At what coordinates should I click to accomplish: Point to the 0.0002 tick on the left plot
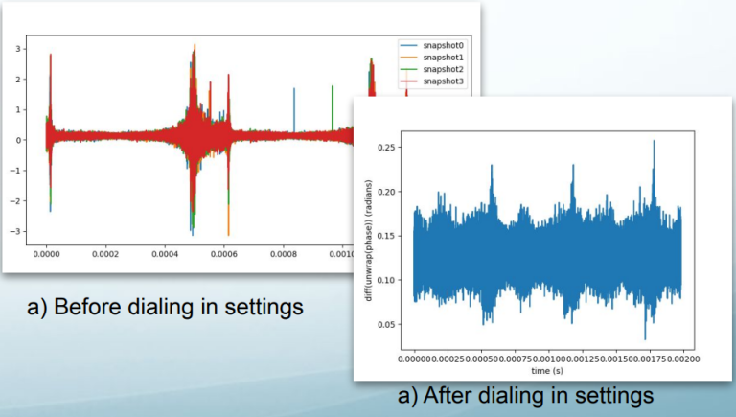pos(123,256)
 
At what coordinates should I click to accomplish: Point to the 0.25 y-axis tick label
pos(387,147)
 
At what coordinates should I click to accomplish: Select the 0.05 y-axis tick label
pos(387,325)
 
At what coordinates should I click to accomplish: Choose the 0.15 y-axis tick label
pos(387,236)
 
